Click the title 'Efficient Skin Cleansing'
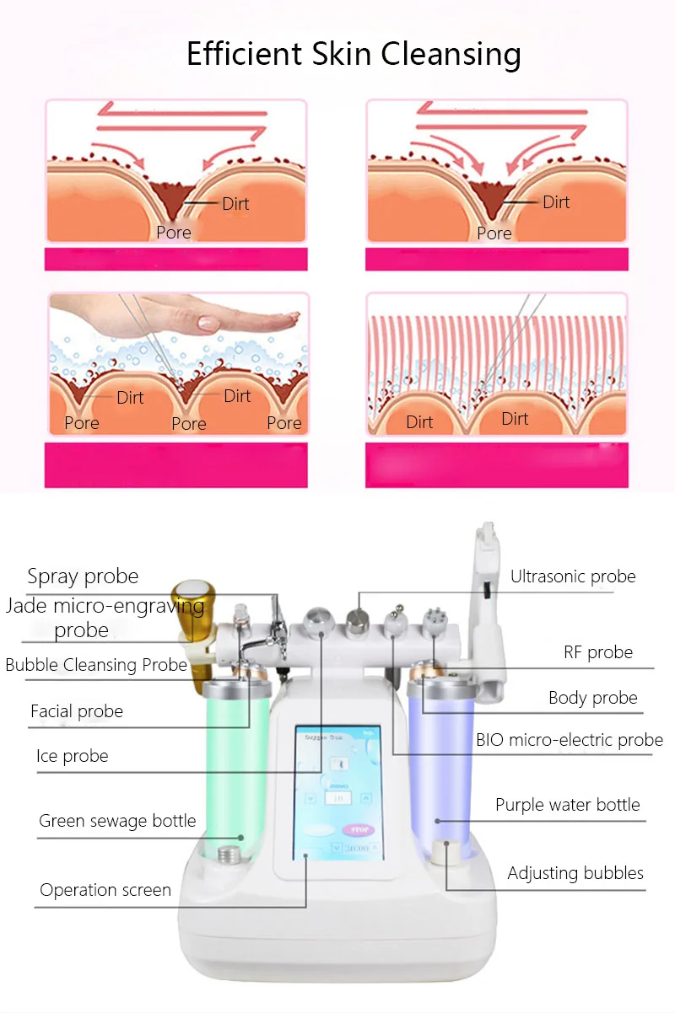pyautogui.click(x=354, y=55)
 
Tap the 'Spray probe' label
pyautogui.click(x=83, y=577)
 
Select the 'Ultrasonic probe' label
pyautogui.click(x=573, y=577)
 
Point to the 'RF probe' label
pyautogui.click(x=598, y=652)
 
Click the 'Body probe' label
pyautogui.click(x=592, y=698)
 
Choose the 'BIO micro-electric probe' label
pyautogui.click(x=570, y=741)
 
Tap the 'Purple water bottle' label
pyautogui.click(x=567, y=805)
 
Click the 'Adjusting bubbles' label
pyautogui.click(x=575, y=873)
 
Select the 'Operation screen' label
pyautogui.click(x=105, y=890)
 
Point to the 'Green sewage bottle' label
pyautogui.click(x=117, y=821)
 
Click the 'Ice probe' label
pyautogui.click(x=72, y=756)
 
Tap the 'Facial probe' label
pyautogui.click(x=77, y=711)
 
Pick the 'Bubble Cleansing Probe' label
pyautogui.click(x=96, y=665)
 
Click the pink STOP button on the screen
pyautogui.click(x=359, y=830)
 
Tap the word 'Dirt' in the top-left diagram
pyautogui.click(x=235, y=204)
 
